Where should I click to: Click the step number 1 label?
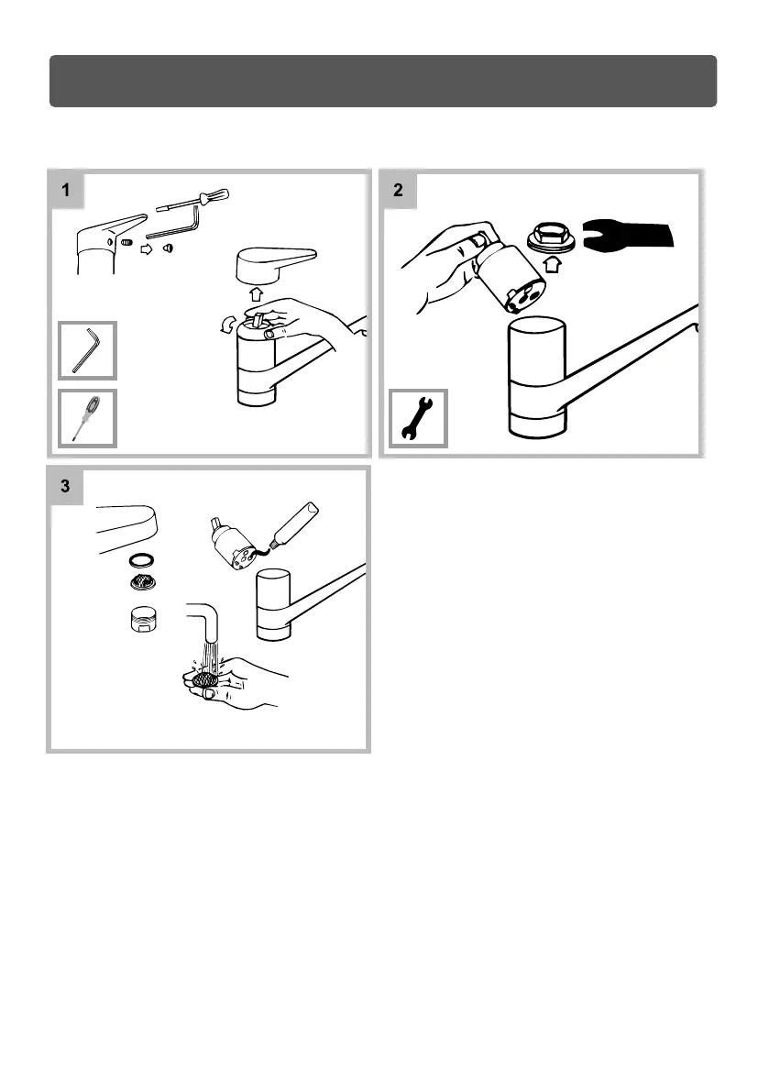[66, 191]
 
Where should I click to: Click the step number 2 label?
[398, 191]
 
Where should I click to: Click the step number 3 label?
[66, 486]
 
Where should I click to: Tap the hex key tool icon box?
[88, 350]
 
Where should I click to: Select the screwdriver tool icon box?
[88, 418]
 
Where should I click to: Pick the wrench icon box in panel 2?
[419, 418]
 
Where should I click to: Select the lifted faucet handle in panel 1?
[275, 264]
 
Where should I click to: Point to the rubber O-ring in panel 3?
[141, 559]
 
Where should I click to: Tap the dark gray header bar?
[382, 81]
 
